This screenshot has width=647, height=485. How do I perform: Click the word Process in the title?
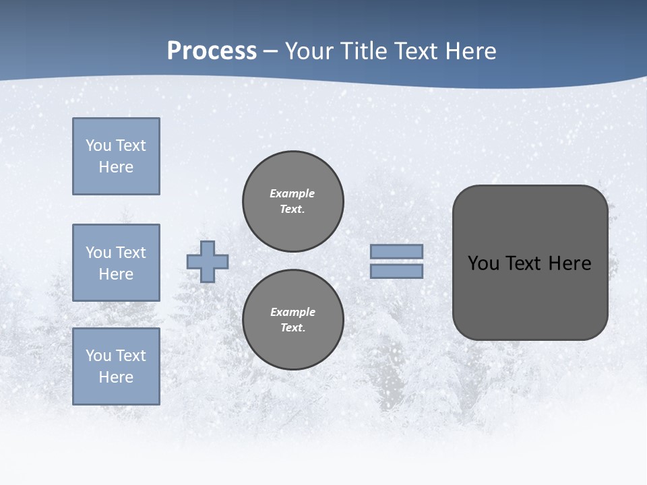click(212, 51)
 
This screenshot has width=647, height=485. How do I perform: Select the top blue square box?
click(116, 156)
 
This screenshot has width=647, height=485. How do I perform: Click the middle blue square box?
click(116, 263)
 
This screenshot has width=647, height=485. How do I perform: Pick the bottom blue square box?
click(116, 366)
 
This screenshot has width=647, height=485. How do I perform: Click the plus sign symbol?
click(208, 261)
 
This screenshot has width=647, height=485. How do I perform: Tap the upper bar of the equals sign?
click(397, 251)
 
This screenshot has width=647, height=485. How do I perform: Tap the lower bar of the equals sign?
click(397, 271)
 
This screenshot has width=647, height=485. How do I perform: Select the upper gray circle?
click(293, 201)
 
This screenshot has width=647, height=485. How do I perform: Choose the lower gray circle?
click(293, 319)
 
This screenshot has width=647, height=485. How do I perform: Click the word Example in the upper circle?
click(292, 193)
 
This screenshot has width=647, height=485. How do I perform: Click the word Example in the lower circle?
click(292, 312)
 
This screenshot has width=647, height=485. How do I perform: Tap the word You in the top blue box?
click(98, 145)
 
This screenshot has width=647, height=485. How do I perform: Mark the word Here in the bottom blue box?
click(116, 377)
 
